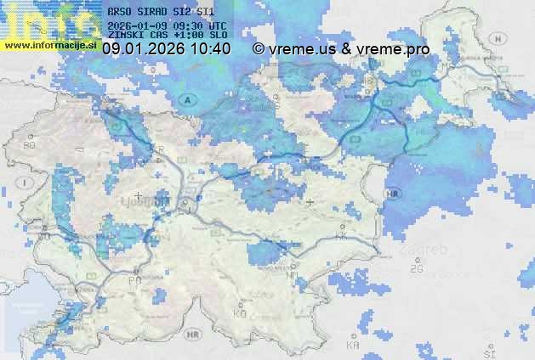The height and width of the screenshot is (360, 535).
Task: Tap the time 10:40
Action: [x=211, y=49]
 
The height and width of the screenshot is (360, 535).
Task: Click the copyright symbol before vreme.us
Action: [x=259, y=49]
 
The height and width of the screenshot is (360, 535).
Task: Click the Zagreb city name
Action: [x=426, y=250]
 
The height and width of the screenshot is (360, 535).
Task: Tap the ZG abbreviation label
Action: [x=417, y=269]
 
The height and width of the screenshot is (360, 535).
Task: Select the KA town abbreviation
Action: [x=353, y=346]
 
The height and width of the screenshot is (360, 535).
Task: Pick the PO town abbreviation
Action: [x=134, y=279]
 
